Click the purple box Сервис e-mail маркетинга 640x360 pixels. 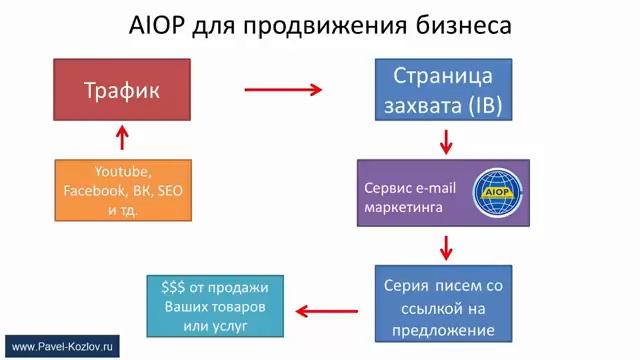(444, 190)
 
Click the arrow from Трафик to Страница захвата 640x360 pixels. (284, 90)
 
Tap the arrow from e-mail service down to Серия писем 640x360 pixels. (444, 245)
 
